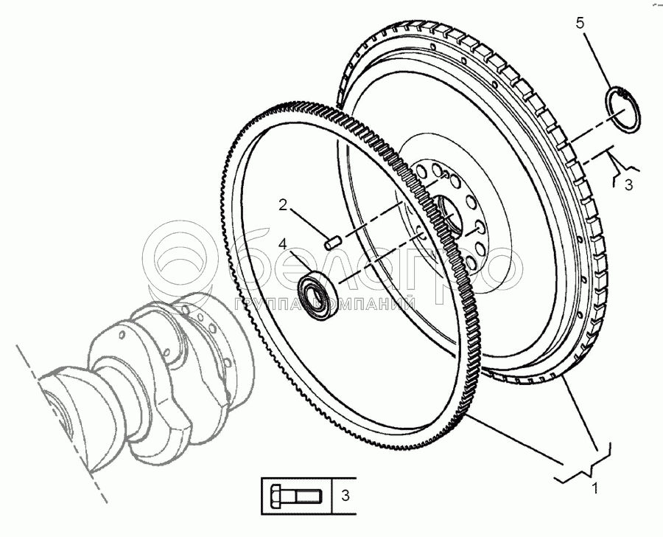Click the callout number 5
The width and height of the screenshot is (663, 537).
580,24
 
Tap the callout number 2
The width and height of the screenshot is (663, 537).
283,206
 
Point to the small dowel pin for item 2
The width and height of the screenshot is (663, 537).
332,240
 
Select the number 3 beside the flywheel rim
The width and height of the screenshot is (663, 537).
628,186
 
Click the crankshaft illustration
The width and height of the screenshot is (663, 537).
140,369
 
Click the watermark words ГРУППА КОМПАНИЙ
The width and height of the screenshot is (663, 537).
324,303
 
